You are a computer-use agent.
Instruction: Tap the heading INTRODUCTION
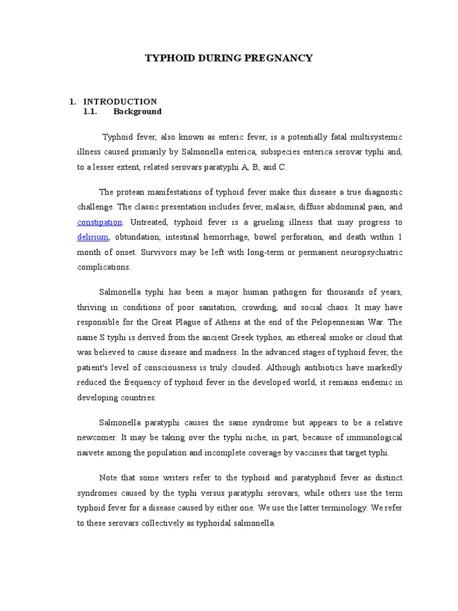120,101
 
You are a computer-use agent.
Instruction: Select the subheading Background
137,112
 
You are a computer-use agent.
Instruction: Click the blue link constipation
100,222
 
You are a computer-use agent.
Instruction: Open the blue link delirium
92,237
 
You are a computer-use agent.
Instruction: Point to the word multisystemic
378,137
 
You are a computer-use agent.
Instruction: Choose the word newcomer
95,437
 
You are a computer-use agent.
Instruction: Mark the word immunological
375,437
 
